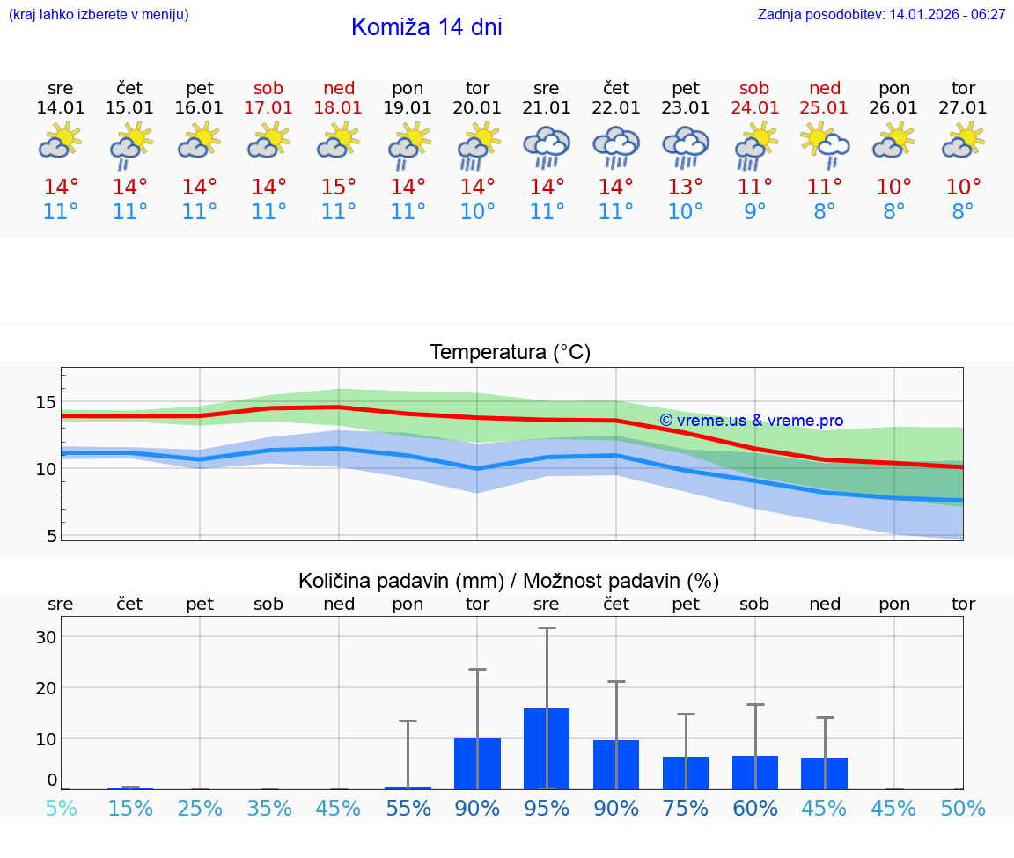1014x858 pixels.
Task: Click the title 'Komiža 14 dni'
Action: (x=426, y=27)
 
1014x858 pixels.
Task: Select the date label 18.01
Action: (x=339, y=108)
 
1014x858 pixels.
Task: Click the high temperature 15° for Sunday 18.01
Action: (x=339, y=187)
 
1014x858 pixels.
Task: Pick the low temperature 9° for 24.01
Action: (x=754, y=212)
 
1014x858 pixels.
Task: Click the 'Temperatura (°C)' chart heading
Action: (x=510, y=353)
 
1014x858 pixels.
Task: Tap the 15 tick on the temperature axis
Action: (x=46, y=402)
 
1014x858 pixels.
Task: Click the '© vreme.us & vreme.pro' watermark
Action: (x=751, y=421)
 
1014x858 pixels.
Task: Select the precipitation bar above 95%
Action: (x=547, y=749)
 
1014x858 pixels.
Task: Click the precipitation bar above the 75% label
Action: (x=686, y=773)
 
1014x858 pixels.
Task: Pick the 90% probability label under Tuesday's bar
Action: (x=477, y=809)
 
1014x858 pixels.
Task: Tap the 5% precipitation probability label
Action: (x=61, y=809)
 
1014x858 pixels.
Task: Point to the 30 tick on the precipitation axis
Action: (x=46, y=636)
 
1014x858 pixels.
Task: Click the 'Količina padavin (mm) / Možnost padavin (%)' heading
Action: (x=509, y=581)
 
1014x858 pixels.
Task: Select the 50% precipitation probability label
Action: (x=963, y=809)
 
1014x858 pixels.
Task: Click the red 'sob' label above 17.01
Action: (x=268, y=88)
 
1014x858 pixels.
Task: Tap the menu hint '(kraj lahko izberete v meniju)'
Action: (x=99, y=15)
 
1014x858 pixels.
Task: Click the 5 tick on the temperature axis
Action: (x=52, y=535)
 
